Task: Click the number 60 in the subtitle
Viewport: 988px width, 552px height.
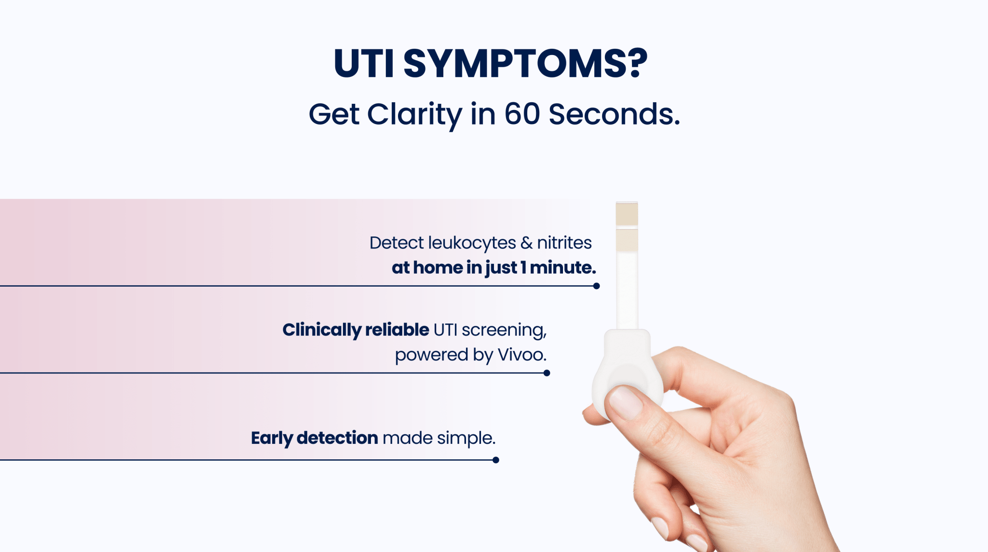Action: click(x=521, y=114)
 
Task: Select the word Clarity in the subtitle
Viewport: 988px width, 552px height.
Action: click(x=414, y=115)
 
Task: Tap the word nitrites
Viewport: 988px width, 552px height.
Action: click(x=564, y=243)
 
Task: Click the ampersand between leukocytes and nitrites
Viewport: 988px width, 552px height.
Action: click(x=526, y=243)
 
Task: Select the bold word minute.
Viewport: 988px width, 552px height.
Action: click(x=563, y=267)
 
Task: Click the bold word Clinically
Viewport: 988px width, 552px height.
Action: click(x=321, y=330)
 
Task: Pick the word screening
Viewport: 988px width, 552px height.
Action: click(x=504, y=330)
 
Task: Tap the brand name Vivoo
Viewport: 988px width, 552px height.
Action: click(x=521, y=355)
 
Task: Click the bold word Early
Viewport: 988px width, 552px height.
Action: click(x=272, y=438)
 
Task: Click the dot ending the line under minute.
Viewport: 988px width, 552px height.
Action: click(x=596, y=286)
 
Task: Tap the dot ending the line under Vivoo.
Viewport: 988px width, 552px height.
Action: click(x=547, y=373)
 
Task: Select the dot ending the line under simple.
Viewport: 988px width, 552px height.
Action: click(x=495, y=460)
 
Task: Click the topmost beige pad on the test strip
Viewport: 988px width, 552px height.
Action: click(x=627, y=214)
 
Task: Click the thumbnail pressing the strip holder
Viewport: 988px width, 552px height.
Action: click(x=625, y=402)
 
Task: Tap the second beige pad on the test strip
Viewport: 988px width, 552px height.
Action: click(x=627, y=240)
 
